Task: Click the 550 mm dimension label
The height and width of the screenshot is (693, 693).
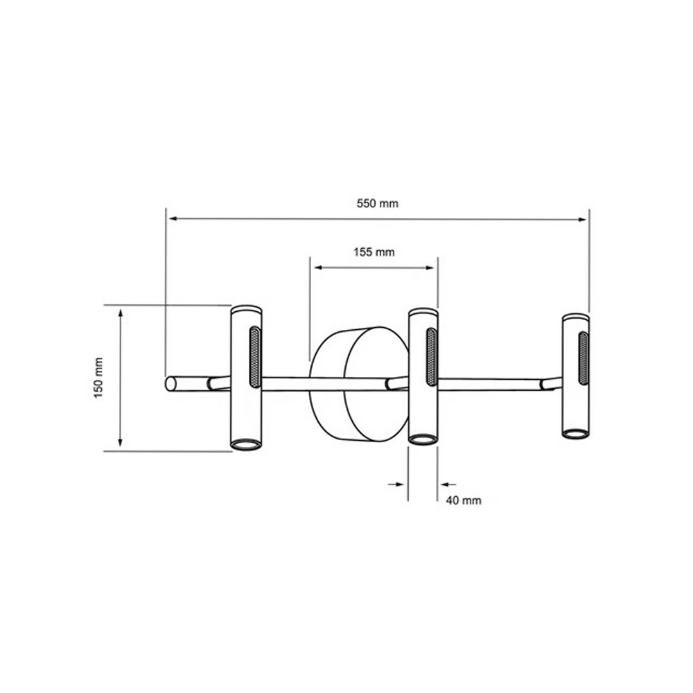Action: click(378, 203)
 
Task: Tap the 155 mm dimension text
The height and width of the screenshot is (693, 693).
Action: click(374, 252)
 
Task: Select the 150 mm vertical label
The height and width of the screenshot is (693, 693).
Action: click(98, 378)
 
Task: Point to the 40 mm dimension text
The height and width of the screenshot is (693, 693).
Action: click(464, 500)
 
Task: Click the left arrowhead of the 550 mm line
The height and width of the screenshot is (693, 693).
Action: click(174, 218)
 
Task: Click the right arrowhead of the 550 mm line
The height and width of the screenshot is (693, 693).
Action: click(582, 219)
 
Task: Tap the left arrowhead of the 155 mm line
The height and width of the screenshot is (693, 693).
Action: click(318, 267)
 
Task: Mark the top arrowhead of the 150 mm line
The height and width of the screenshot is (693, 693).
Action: click(120, 314)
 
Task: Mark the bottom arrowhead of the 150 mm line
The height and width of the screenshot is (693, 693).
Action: click(120, 442)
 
